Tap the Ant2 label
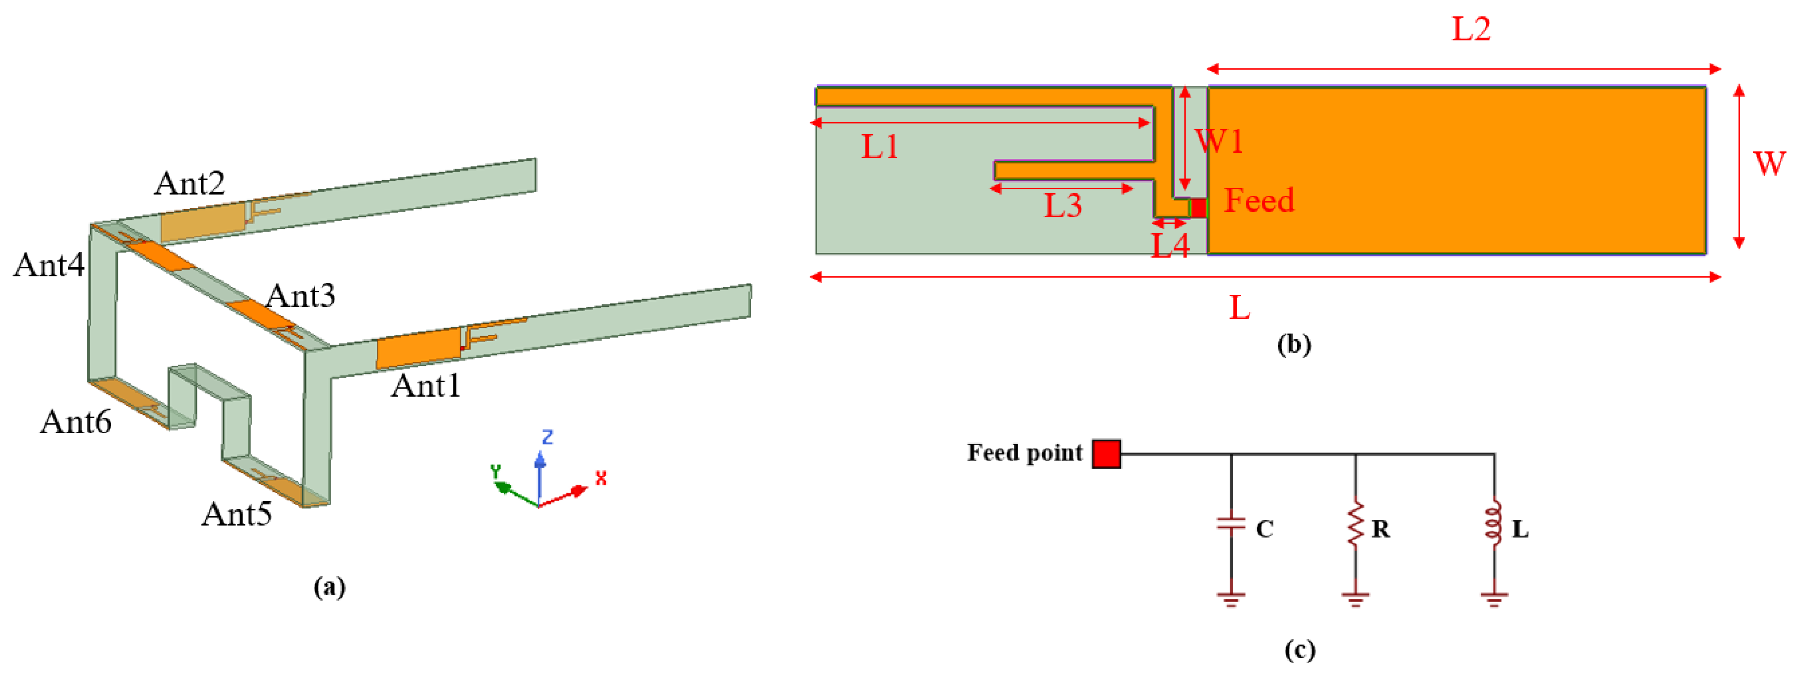coord(189,184)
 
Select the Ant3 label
coord(300,296)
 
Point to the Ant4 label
coord(48,266)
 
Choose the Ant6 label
coord(75,422)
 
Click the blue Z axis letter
coord(548,437)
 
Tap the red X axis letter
coord(601,478)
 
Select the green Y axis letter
coord(495,471)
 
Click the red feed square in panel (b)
coord(1198,208)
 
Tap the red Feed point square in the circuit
coord(1106,454)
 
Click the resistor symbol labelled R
coord(1355,523)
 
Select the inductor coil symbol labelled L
coord(1493,523)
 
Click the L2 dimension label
coord(1470,30)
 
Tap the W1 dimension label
coord(1219,141)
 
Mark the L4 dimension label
coord(1170,246)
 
